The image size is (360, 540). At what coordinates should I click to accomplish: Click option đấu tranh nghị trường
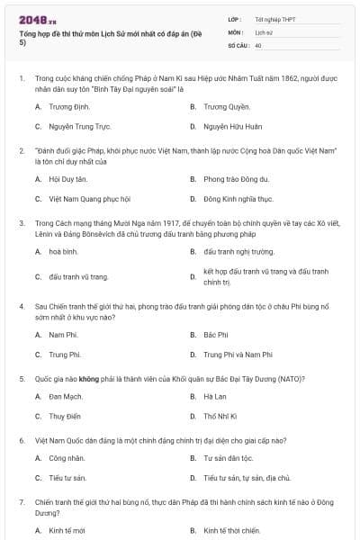(x=238, y=251)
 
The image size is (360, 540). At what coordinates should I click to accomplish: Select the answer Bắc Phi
(x=215, y=335)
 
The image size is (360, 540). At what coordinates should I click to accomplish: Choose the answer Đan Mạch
(x=66, y=396)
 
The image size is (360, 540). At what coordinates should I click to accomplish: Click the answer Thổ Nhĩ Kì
(x=220, y=417)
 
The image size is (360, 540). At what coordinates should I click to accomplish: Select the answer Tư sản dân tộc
(x=233, y=458)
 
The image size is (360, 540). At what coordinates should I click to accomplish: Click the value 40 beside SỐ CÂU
(x=258, y=44)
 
